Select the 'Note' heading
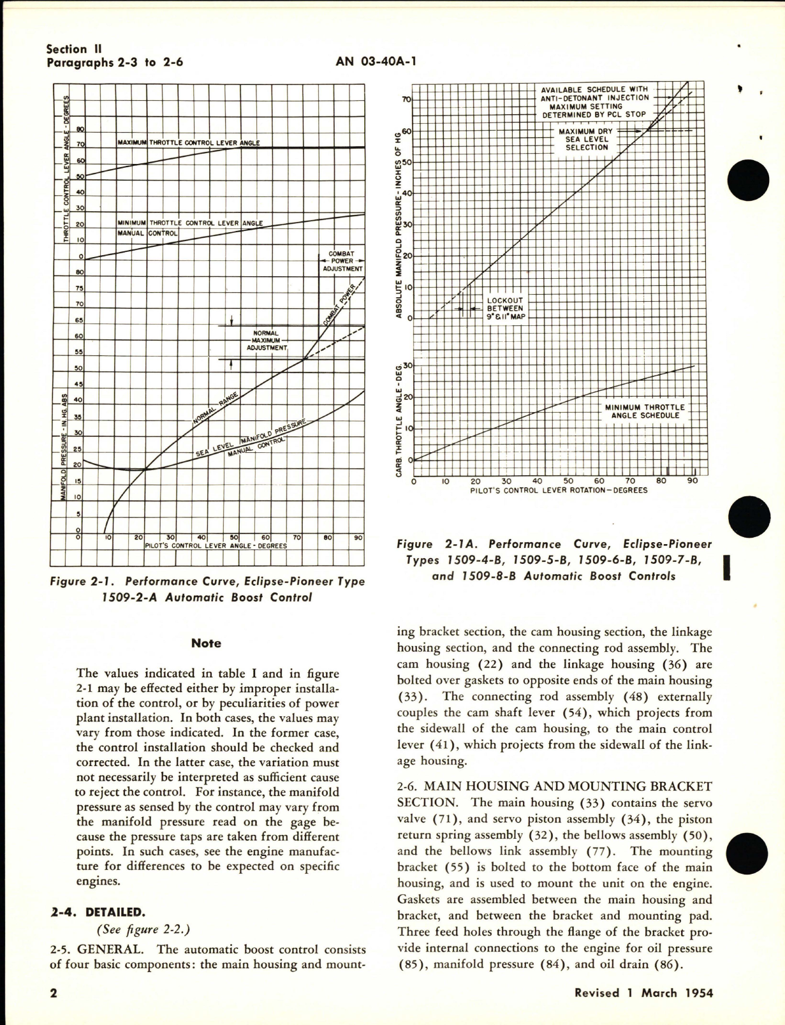[x=206, y=644]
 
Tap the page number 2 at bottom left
[x=54, y=993]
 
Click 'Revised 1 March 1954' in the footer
[x=643, y=993]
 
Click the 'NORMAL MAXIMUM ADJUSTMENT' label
[x=270, y=341]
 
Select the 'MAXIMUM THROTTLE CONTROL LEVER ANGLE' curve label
[x=189, y=143]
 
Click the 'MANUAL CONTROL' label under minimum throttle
[x=147, y=233]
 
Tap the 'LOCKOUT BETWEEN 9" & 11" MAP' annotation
[x=504, y=308]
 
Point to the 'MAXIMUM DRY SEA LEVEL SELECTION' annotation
[x=585, y=139]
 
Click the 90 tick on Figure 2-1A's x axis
[x=693, y=482]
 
